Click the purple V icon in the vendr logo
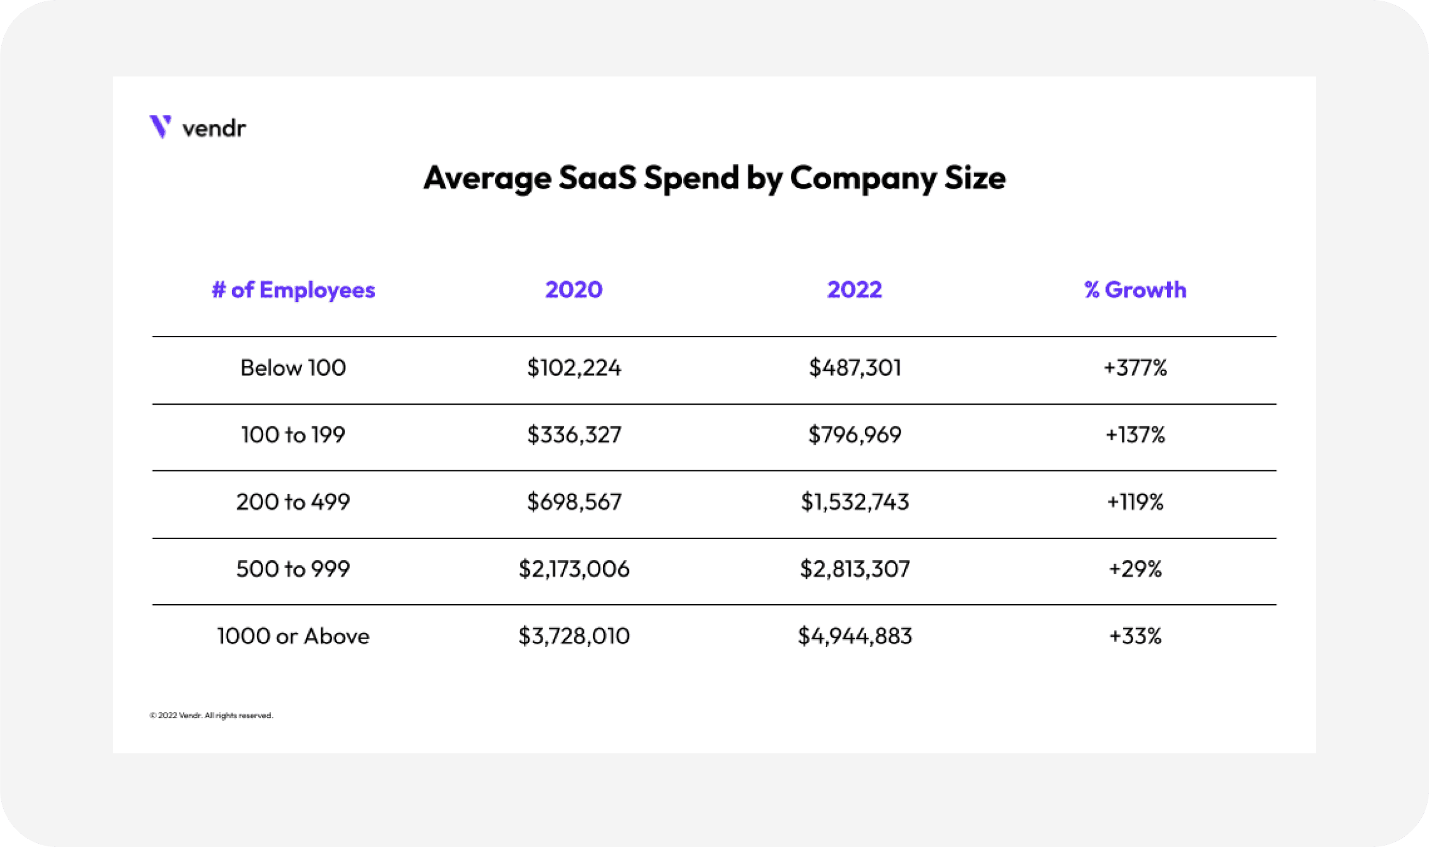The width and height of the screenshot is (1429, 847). pyautogui.click(x=160, y=126)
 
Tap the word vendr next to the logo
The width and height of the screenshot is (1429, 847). pyautogui.click(x=214, y=129)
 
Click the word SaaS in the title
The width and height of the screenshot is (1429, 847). pyautogui.click(x=597, y=177)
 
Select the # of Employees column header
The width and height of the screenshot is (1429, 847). pyautogui.click(x=293, y=290)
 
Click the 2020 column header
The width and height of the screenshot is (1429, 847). pyautogui.click(x=574, y=290)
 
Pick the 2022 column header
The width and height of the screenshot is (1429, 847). pyautogui.click(x=855, y=290)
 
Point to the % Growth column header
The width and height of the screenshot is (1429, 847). pyautogui.click(x=1135, y=290)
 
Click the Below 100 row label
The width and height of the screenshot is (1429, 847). pyautogui.click(x=293, y=368)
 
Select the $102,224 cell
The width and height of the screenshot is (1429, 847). pyautogui.click(x=574, y=368)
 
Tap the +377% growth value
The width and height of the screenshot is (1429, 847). pyautogui.click(x=1135, y=368)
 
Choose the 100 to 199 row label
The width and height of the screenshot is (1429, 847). pyautogui.click(x=293, y=435)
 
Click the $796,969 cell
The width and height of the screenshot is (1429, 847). pyautogui.click(x=855, y=435)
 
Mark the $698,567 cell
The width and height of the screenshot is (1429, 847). pyautogui.click(x=574, y=502)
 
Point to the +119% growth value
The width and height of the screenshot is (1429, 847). pyautogui.click(x=1135, y=502)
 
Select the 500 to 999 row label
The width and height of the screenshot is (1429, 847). pyautogui.click(x=293, y=568)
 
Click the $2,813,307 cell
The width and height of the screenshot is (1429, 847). pyautogui.click(x=855, y=568)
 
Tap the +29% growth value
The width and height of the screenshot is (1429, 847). pyautogui.click(x=1135, y=568)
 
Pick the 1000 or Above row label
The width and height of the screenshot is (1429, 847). pyautogui.click(x=293, y=636)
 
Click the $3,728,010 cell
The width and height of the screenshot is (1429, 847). pyautogui.click(x=574, y=636)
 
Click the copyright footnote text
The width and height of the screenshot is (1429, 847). pyautogui.click(x=211, y=715)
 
